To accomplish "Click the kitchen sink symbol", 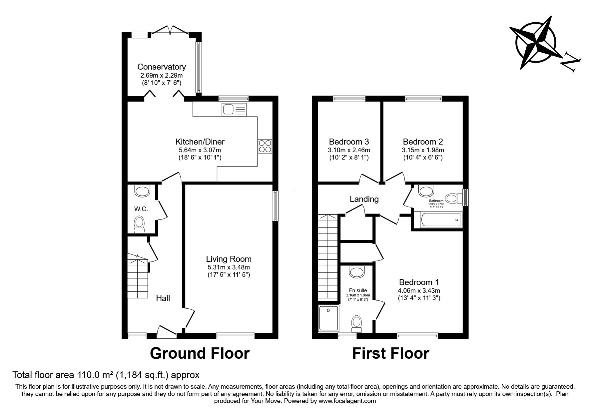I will click(235, 110).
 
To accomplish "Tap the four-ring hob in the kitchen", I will click(265, 146).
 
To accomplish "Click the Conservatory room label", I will click(162, 67).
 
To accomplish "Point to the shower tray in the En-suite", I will click(328, 318).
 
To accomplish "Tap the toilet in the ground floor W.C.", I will click(139, 224).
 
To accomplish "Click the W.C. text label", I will click(141, 209).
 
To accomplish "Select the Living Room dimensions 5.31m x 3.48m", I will click(229, 267).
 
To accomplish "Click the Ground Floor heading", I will click(200, 353).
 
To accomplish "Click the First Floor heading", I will click(390, 353).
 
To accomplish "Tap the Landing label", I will click(364, 199).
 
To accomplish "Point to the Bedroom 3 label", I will click(349, 142).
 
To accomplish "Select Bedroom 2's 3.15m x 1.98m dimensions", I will click(423, 150).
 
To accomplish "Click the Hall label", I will click(163, 298).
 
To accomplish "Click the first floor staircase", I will click(328, 256).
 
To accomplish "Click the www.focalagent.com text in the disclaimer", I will click(347, 401).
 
